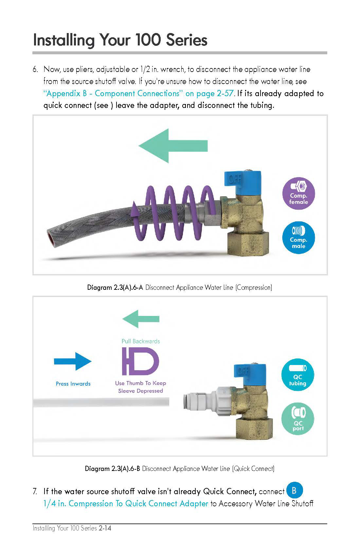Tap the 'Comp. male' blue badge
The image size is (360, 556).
[x=298, y=238]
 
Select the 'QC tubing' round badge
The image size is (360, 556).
[x=297, y=375]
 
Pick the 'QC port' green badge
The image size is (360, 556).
[x=297, y=420]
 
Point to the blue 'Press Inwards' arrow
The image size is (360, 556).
[x=73, y=361]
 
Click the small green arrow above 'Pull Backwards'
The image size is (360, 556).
[x=141, y=319]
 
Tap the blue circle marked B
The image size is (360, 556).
[x=294, y=490]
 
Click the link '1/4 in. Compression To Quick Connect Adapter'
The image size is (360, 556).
[x=126, y=503]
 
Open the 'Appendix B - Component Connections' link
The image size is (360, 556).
[x=139, y=94]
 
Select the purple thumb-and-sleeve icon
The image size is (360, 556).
[x=140, y=361]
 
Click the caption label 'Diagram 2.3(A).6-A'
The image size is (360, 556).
[x=115, y=287]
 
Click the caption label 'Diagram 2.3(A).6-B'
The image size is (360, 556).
[x=113, y=469]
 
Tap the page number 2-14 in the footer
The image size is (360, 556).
[x=105, y=528]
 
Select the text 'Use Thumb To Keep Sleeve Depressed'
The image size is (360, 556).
[x=140, y=387]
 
